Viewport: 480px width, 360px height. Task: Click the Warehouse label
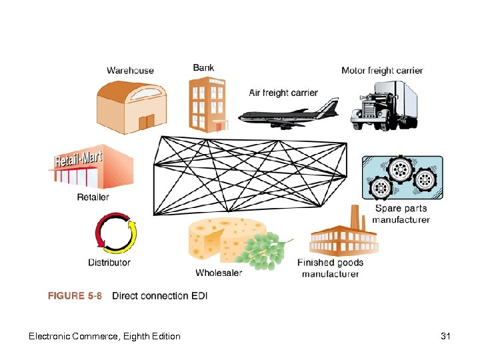coord(130,71)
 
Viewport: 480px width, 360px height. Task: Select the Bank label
coord(203,67)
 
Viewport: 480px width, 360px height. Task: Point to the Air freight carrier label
coord(283,93)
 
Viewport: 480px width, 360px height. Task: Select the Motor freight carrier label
coord(381,71)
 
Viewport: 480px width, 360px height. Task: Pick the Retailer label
coord(93,197)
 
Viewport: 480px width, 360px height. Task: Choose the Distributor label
coord(109,262)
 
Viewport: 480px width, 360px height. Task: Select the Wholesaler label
coord(219,273)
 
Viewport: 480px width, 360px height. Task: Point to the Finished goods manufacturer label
coord(330,268)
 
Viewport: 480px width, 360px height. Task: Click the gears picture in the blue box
coord(400,177)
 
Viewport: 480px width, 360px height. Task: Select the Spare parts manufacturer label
coord(401,214)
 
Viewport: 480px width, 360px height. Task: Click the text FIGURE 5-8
coord(75,296)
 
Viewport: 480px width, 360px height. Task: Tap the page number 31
coord(445,336)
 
